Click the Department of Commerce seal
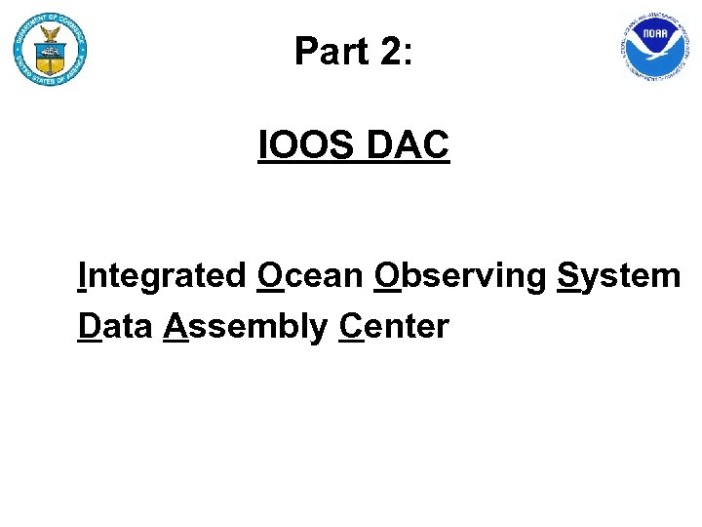[50, 50]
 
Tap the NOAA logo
[653, 47]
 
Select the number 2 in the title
[389, 51]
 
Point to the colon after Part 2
[409, 55]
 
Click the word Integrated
[163, 277]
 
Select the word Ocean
[310, 277]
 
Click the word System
[618, 277]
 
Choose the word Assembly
[246, 327]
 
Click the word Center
[394, 327]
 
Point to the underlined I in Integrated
[83, 276]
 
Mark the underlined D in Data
[89, 326]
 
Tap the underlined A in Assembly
[176, 326]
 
